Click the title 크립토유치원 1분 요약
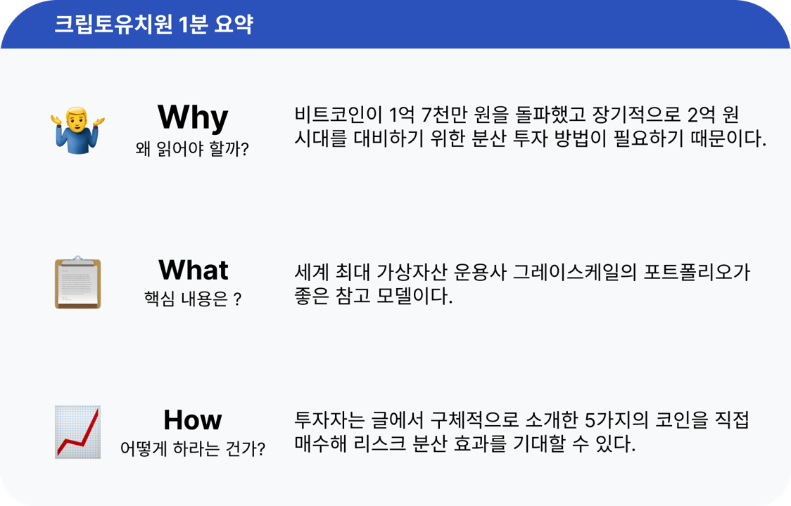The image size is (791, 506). pyautogui.click(x=153, y=25)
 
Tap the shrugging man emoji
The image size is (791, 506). pyautogui.click(x=77, y=130)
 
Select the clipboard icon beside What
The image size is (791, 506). pyautogui.click(x=77, y=283)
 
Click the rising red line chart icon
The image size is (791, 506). pyautogui.click(x=77, y=432)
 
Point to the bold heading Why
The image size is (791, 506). pyautogui.click(x=192, y=117)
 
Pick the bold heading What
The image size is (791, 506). pyautogui.click(x=193, y=270)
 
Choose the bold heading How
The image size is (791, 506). pyautogui.click(x=192, y=420)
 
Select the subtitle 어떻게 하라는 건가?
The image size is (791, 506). pyautogui.click(x=192, y=448)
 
